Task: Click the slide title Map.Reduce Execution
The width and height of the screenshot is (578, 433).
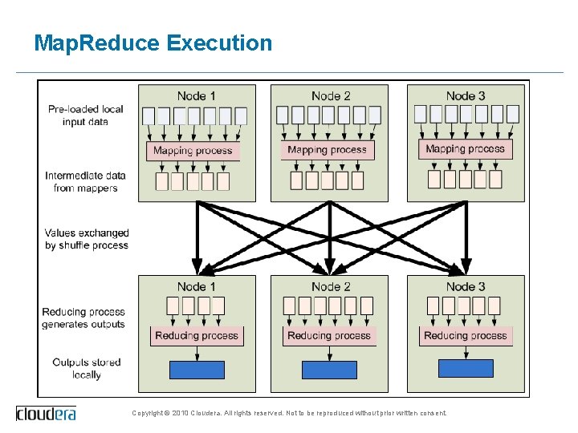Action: coord(153,43)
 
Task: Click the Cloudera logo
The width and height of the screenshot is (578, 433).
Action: coord(47,414)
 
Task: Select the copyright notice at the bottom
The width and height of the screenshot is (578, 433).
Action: coord(289,414)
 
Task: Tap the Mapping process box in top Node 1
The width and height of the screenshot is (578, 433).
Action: coord(193,150)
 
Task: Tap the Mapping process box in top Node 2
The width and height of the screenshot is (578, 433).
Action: coord(328,150)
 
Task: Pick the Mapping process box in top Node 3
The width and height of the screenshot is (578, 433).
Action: coord(466,149)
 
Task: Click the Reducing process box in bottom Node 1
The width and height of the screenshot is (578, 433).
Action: coord(197,336)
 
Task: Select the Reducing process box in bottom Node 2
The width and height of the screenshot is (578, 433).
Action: coord(329,336)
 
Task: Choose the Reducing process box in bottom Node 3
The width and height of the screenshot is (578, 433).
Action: coord(466,336)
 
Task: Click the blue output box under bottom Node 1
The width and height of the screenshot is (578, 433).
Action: coord(197,370)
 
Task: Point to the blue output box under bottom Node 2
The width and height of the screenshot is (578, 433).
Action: coord(329,370)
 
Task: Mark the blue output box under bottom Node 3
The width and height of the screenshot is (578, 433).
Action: coord(466,368)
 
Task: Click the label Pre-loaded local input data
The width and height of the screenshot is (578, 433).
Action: coord(85,115)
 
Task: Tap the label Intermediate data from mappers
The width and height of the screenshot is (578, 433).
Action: coord(85,182)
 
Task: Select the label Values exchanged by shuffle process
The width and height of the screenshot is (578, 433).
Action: coord(87,239)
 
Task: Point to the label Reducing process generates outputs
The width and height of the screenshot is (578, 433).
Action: coord(84,318)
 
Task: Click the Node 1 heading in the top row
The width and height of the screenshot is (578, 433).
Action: coord(197,96)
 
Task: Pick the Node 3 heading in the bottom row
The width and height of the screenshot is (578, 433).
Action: coord(466,286)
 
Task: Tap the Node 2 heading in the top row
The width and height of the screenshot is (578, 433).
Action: coord(331,96)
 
